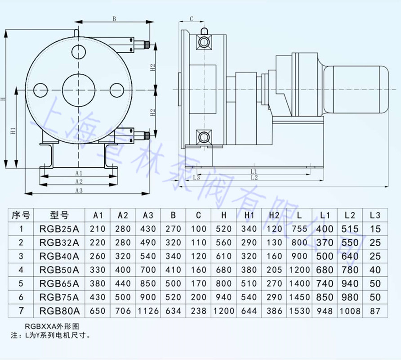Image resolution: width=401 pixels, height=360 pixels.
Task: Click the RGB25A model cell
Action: [59, 229]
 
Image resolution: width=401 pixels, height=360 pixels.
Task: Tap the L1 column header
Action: [325, 215]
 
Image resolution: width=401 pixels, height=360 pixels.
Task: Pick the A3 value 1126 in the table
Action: [148, 311]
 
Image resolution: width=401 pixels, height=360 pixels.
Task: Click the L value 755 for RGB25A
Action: [299, 229]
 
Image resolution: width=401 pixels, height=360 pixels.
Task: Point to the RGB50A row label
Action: [59, 270]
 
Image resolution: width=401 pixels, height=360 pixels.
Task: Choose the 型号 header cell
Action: [59, 215]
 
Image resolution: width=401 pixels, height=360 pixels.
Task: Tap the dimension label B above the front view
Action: [114, 19]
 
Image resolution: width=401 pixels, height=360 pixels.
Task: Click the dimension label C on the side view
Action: [191, 19]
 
